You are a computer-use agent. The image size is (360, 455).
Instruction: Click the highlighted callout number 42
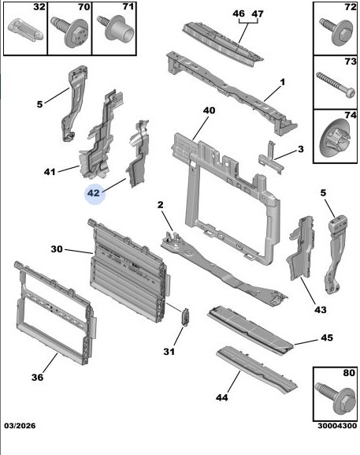(94, 193)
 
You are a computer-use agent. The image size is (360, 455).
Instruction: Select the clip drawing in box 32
(25, 29)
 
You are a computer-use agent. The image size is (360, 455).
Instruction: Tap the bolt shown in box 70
(69, 31)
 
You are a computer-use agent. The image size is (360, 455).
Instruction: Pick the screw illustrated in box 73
(336, 85)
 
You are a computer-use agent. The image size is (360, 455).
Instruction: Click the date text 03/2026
(20, 426)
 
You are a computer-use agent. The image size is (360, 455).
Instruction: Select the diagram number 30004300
(337, 426)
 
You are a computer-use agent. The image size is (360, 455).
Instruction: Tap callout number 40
(209, 110)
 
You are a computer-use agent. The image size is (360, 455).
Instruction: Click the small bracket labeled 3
(271, 159)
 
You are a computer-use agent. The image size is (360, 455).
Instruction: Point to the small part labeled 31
(185, 317)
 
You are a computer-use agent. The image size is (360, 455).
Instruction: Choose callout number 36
(37, 377)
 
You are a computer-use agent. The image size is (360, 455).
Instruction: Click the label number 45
(327, 338)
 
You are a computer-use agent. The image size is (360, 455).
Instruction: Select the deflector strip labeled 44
(257, 369)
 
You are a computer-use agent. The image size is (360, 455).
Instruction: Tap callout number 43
(321, 310)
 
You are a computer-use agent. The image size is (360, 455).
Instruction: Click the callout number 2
(160, 205)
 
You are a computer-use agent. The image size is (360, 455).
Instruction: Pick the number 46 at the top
(239, 13)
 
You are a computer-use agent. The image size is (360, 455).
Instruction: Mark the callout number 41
(50, 172)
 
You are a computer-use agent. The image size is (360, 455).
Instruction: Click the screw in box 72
(336, 32)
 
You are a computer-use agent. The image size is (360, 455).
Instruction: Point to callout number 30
(57, 249)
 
